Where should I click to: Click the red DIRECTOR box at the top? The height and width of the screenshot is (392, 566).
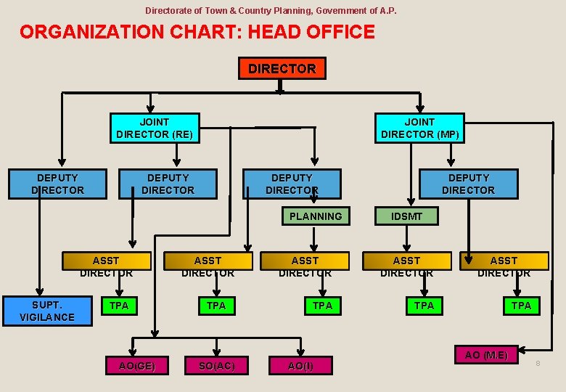pos(282,68)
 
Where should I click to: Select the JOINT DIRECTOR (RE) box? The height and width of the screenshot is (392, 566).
pos(154,128)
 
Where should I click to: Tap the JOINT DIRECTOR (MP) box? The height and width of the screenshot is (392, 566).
pos(419,128)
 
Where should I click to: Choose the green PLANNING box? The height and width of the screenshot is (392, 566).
pos(315,216)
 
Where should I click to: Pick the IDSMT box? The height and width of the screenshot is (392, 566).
pos(406,216)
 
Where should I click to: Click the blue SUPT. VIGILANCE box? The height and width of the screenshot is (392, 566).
pos(48,311)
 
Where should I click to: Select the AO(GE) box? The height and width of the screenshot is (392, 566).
pos(136,366)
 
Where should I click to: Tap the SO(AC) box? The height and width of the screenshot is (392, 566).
pos(216,366)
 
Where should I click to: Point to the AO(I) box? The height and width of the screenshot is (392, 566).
pos(300,366)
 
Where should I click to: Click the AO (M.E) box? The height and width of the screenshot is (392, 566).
pos(486,355)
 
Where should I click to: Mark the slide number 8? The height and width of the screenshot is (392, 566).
pos(538,362)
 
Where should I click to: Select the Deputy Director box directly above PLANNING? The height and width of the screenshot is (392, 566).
pos(292,184)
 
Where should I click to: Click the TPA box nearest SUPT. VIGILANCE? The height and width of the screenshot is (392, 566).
pos(119,306)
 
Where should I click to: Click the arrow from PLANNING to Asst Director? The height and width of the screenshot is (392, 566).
pos(314,238)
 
